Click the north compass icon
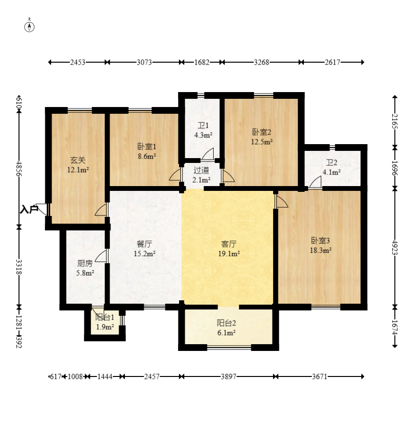pyautogui.click(x=29, y=27)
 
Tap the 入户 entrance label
pyautogui.click(x=29, y=209)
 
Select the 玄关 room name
pyautogui.click(x=78, y=160)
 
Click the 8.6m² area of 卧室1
pyautogui.click(x=147, y=156)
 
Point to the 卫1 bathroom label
pyautogui.click(x=203, y=125)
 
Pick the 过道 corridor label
pyautogui.click(x=201, y=170)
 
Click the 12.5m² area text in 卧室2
pyautogui.click(x=262, y=142)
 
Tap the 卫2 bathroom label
pyautogui.click(x=331, y=162)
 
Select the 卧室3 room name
pyautogui.click(x=320, y=241)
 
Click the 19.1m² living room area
pyautogui.click(x=229, y=254)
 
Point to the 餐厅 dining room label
pyautogui.click(x=145, y=243)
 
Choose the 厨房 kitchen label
pyautogui.click(x=85, y=263)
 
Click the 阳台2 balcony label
pyautogui.click(x=226, y=322)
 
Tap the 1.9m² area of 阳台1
pyautogui.click(x=105, y=327)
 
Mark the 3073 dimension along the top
pyautogui.click(x=144, y=62)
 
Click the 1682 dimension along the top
pyautogui.click(x=202, y=62)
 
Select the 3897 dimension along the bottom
pyautogui.click(x=229, y=376)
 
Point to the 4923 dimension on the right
pyautogui.click(x=395, y=247)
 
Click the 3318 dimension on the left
pyautogui.click(x=19, y=267)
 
